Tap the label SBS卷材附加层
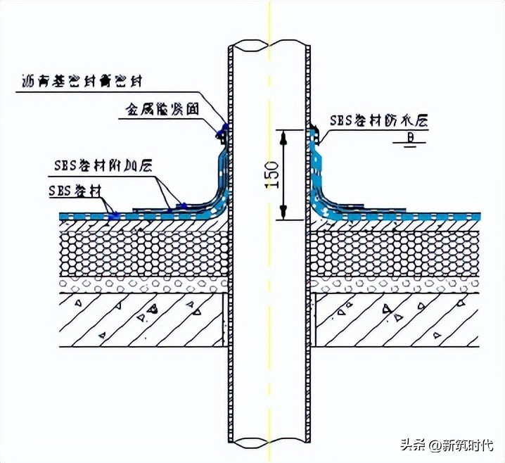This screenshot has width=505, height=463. tap(98, 166)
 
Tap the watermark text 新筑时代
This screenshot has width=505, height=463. tap(467, 445)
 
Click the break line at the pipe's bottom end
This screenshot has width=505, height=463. tap(270, 442)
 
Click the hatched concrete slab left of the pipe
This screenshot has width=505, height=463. tap(141, 320)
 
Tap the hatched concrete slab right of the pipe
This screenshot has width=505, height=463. tap(394, 320)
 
